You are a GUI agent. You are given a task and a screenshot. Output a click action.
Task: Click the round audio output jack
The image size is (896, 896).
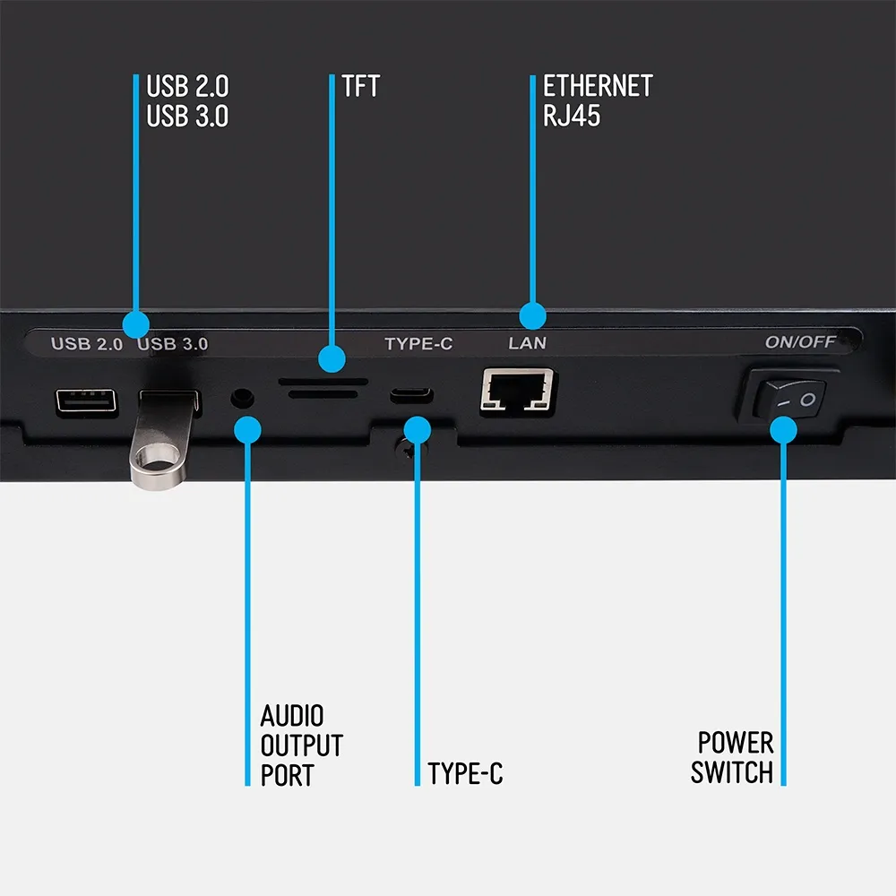pos(242,398)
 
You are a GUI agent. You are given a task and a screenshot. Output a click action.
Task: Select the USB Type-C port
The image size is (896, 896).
pos(411,395)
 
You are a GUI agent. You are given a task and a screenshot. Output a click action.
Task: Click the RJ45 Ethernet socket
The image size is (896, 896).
pos(517,391)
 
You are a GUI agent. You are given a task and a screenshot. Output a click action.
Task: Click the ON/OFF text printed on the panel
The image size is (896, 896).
pos(800,341)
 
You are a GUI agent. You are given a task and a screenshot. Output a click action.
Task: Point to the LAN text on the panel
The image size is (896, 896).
pos(528,343)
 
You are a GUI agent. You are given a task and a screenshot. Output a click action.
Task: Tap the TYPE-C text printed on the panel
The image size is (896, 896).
pos(418,343)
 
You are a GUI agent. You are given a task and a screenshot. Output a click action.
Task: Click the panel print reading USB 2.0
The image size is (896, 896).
pos(87,344)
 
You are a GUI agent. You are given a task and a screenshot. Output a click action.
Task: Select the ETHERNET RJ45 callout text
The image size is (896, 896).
pos(598,100)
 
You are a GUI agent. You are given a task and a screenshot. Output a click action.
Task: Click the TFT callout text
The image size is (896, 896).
pos(360,86)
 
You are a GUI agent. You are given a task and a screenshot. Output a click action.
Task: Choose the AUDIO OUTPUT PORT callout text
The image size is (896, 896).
pos(302,745)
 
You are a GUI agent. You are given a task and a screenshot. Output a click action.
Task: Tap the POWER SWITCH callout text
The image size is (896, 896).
pos(732,758)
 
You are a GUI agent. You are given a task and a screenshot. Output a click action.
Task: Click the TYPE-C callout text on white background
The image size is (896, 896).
pos(465,774)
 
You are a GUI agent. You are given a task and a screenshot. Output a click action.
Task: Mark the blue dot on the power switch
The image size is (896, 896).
pos(783,430)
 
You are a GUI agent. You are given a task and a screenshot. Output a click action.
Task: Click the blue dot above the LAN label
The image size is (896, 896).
pos(532,316)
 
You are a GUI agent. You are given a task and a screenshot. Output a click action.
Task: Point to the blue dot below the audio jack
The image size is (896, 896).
pos(247,430)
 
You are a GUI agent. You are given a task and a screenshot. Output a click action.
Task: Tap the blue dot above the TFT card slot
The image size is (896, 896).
pos(332,359)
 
